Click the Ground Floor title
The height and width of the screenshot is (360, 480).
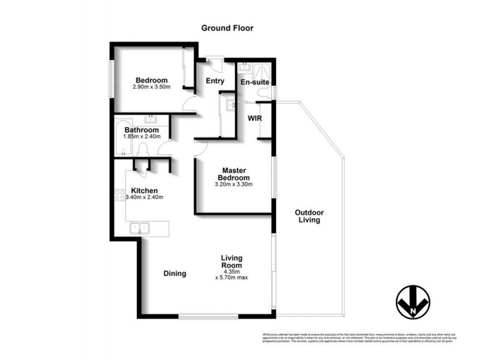click(227, 28)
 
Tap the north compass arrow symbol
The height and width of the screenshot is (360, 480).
click(412, 300)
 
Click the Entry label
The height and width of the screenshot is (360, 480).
click(215, 81)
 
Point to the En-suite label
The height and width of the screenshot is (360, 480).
click(254, 82)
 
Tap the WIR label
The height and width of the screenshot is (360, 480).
click(255, 118)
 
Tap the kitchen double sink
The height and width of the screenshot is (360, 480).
click(140, 228)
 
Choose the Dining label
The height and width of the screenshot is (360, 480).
click(175, 274)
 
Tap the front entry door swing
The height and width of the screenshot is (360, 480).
click(214, 62)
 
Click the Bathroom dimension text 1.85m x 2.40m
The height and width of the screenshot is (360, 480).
click(142, 137)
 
